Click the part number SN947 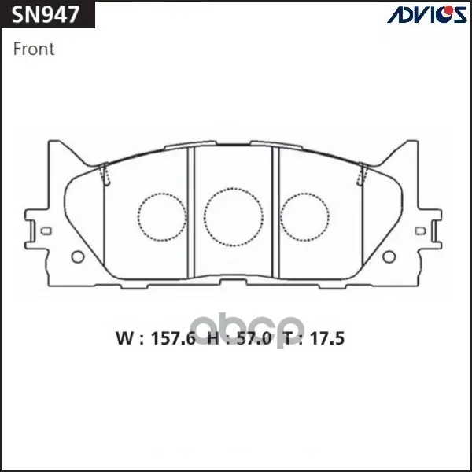46,14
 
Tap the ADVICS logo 427,14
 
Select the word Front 34,49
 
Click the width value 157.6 173,338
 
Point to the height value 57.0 254,338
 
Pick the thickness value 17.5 327,338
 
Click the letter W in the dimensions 124,338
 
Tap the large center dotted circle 234,217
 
